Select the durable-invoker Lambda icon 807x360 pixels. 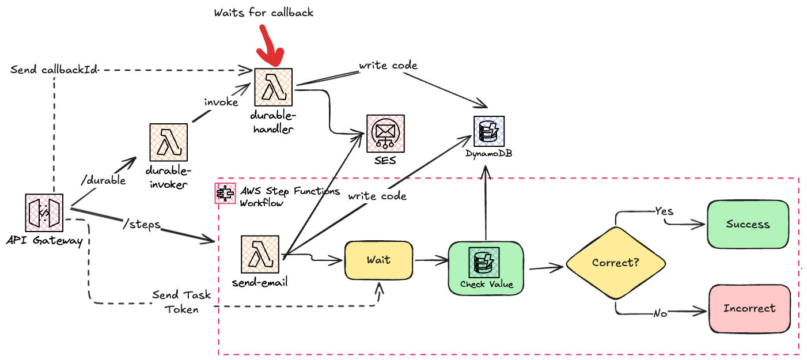click(x=168, y=142)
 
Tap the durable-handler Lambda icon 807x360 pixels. click(x=274, y=87)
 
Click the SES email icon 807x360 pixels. click(x=385, y=133)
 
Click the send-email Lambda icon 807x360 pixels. click(x=260, y=254)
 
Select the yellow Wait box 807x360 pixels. click(x=378, y=260)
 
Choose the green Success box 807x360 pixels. click(x=748, y=225)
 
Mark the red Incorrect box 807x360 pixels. click(x=749, y=308)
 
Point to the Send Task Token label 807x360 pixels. click(x=181, y=302)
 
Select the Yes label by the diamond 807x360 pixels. click(x=664, y=212)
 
